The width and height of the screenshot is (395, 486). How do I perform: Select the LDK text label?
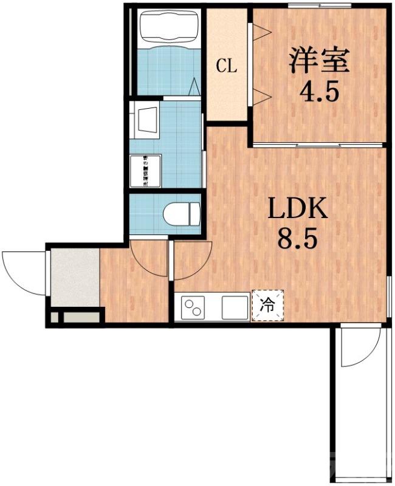(298, 210)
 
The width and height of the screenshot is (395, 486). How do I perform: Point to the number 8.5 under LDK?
(298, 239)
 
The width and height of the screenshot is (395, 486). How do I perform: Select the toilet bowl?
(181, 214)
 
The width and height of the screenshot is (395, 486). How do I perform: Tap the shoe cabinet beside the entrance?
(80, 317)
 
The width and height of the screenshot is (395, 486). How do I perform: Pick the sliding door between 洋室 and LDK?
(317, 145)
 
